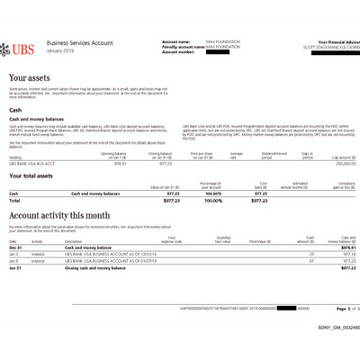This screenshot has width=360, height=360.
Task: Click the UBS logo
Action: pos(22,46)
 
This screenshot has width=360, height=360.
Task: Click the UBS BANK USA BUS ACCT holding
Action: pos(34,163)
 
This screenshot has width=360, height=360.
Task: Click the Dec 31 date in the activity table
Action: pos(15,247)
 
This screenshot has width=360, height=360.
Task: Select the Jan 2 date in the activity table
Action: pos(14,254)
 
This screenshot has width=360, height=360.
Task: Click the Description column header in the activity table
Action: pos(72,241)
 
